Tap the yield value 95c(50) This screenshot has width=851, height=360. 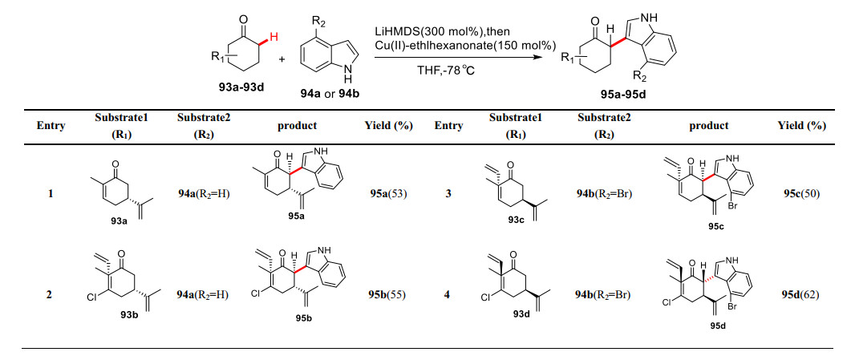(x=801, y=193)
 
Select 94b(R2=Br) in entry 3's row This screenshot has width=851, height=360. (x=602, y=193)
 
